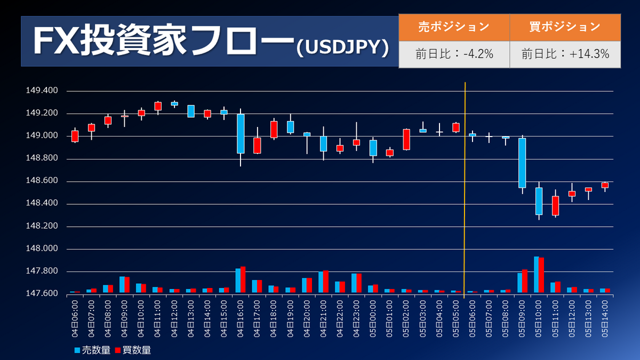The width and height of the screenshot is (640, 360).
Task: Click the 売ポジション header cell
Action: pyautogui.click(x=454, y=27)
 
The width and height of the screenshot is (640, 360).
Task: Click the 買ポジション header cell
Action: pyautogui.click(x=565, y=27)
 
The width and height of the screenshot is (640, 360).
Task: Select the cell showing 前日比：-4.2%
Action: pyautogui.click(x=454, y=54)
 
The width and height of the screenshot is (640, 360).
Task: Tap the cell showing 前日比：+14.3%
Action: pyautogui.click(x=565, y=54)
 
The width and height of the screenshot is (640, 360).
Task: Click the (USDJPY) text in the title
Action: pyautogui.click(x=343, y=47)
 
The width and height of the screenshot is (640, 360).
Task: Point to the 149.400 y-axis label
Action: pyautogui.click(x=42, y=91)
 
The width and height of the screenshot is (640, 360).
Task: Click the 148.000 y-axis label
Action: pyautogui.click(x=42, y=249)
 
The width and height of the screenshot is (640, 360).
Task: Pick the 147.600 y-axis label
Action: pyautogui.click(x=42, y=293)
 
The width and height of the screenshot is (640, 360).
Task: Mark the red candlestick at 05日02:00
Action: pyautogui.click(x=406, y=139)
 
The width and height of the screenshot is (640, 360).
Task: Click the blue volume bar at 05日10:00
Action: pyautogui.click(x=537, y=275)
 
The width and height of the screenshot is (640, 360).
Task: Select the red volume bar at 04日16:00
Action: pyautogui.click(x=243, y=279)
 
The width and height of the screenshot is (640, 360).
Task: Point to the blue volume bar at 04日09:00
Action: pyautogui.click(x=122, y=285)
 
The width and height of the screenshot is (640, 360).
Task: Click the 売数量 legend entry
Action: pyautogui.click(x=93, y=350)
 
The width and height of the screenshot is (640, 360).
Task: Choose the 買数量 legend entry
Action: pyautogui.click(x=133, y=350)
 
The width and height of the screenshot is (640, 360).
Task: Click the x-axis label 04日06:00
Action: pyautogui.click(x=75, y=318)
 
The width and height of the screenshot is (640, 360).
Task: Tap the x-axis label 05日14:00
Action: pyautogui.click(x=605, y=318)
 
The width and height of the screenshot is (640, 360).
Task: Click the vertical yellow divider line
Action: pyautogui.click(x=465, y=190)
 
